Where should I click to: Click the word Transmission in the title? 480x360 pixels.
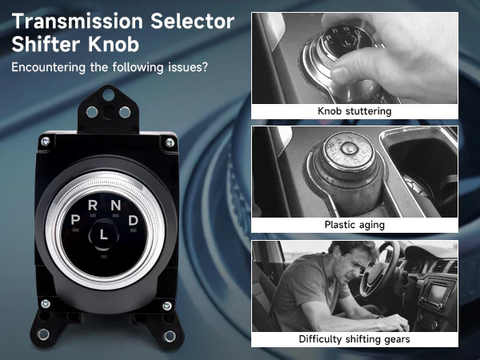point(78,21)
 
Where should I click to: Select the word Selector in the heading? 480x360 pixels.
point(193,21)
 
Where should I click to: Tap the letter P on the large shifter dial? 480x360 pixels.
point(75,220)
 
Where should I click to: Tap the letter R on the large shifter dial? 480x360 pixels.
point(93,205)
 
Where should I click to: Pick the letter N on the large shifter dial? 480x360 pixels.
point(116,205)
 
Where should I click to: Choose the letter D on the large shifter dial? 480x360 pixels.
point(133,220)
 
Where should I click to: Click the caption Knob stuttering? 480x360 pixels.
point(354,111)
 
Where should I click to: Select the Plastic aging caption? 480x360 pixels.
point(354,225)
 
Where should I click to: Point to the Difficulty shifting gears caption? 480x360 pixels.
point(354,339)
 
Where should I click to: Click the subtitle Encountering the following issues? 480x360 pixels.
point(110,67)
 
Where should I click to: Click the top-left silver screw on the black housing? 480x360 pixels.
point(46,141)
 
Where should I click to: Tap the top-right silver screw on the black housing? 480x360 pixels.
point(170,142)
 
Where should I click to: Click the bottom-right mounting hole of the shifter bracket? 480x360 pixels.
point(170,336)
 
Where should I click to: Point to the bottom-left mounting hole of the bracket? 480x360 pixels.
point(43,334)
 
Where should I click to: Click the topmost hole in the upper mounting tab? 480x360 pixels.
point(108,94)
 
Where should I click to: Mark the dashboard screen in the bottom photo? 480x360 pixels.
point(438,294)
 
